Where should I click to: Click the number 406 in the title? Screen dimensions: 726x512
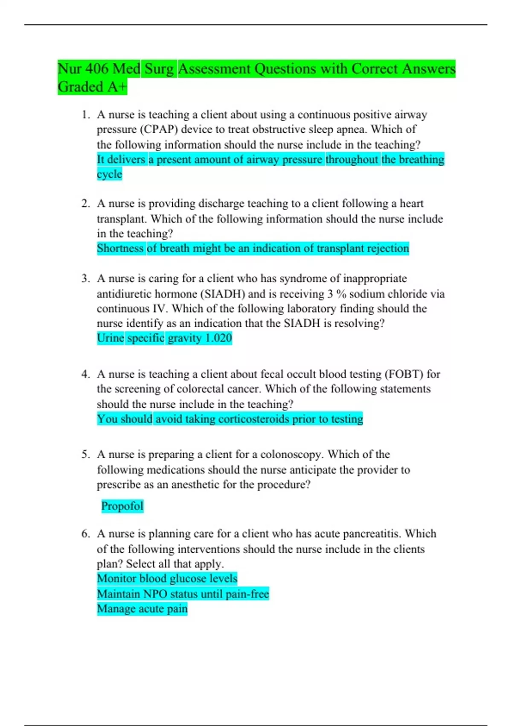pos(97,69)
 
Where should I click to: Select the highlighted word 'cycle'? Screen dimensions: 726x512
pos(109,174)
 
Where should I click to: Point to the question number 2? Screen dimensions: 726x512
pos(85,204)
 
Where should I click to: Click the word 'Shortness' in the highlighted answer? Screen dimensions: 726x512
pos(120,249)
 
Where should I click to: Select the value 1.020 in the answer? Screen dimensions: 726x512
pos(218,338)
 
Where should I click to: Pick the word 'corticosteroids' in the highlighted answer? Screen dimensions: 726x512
pos(253,419)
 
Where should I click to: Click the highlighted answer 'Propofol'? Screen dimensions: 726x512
pos(122,506)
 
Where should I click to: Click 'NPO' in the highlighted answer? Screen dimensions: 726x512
pos(155,594)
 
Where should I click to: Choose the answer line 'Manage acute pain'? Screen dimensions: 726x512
pos(142,609)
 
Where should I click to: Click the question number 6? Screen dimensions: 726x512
pos(85,534)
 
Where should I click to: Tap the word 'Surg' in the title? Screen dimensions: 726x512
pos(159,69)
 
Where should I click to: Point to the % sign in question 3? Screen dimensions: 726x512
pos(341,294)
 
